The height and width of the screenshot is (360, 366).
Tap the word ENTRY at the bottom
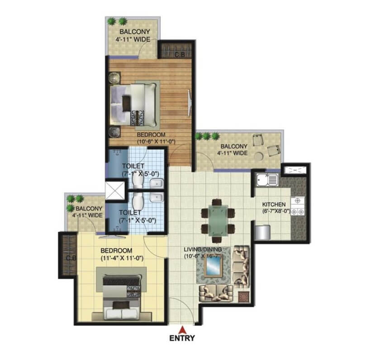182,338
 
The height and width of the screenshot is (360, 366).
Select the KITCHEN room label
274,204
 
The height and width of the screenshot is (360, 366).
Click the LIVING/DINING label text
203,249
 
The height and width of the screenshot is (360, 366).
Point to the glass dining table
218,221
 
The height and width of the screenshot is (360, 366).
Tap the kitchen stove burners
298,206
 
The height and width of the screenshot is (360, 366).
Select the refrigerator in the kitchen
262,232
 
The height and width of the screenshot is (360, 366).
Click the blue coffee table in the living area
214,266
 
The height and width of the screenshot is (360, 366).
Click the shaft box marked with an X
115,190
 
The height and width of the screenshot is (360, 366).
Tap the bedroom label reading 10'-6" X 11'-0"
156,141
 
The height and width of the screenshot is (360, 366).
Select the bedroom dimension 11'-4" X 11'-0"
122,259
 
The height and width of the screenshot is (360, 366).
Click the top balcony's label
133,35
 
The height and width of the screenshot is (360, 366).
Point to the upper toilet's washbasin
157,183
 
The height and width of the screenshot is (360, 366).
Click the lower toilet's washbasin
157,197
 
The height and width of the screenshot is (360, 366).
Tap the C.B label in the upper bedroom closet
180,55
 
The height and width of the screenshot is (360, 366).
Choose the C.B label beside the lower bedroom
71,258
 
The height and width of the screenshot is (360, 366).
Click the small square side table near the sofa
243,297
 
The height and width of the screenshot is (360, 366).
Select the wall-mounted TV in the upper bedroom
190,103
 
